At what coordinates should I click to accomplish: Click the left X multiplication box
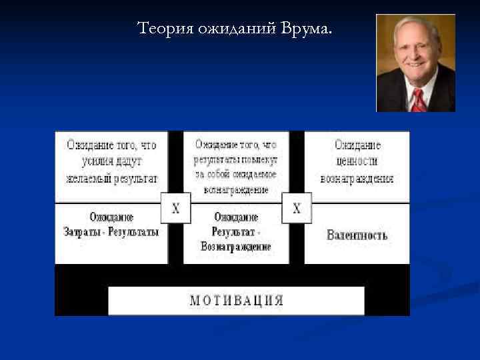coord(176,209)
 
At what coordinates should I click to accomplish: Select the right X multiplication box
coord(297,209)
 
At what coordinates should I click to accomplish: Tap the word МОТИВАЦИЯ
coord(237,300)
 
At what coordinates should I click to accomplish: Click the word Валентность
coord(357,235)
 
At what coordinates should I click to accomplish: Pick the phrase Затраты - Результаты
coord(111,233)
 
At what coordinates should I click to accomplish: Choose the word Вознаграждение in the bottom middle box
coord(236,247)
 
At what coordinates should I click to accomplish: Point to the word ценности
coord(357,161)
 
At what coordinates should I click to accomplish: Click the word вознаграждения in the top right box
coord(357,179)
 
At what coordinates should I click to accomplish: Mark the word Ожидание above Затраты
coord(111,217)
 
